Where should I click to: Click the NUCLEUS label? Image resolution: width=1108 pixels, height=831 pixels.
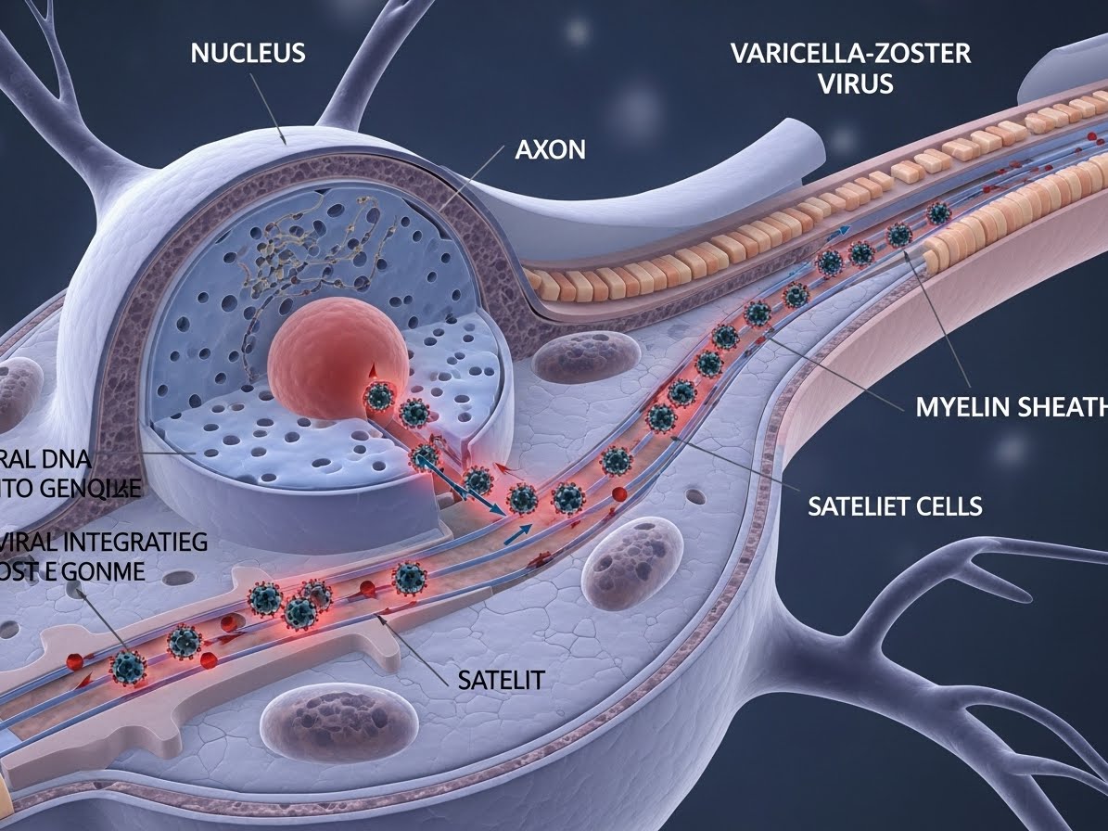248,53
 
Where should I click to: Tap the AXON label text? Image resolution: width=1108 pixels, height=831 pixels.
550,148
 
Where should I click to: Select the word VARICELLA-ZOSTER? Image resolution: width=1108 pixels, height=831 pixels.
850,53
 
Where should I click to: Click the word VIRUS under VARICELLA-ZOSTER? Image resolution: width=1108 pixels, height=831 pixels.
856,84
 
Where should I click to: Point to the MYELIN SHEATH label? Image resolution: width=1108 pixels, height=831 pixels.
1012,407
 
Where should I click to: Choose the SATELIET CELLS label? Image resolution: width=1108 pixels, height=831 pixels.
895,505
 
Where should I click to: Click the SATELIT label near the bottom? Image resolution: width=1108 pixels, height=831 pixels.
501,680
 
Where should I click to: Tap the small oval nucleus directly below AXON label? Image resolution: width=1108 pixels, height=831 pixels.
580,358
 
